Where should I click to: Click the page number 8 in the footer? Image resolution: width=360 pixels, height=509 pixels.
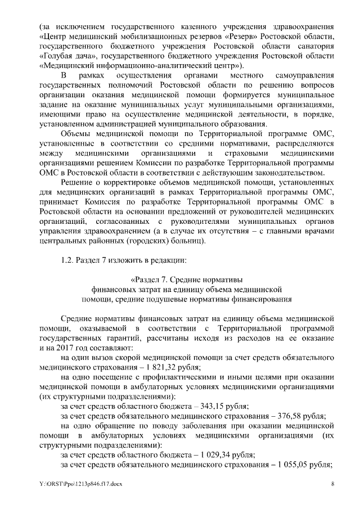pyautogui.click(x=332, y=484)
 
